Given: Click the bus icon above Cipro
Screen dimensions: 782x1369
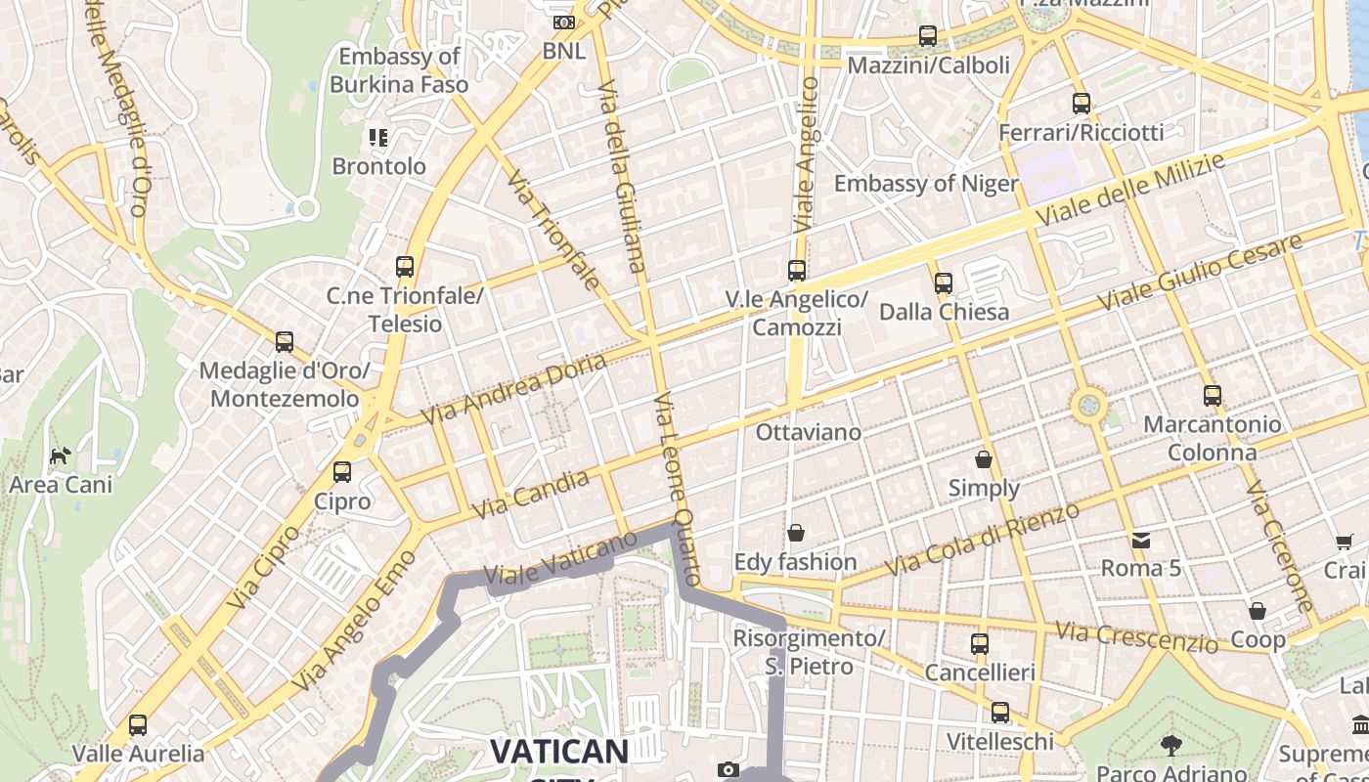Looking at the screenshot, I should pos(342,472).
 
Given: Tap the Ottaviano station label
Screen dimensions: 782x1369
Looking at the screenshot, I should pos(809,432).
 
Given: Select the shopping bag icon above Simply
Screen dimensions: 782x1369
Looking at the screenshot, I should pos(984,458).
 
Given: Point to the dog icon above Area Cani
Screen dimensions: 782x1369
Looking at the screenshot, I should pos(61,456).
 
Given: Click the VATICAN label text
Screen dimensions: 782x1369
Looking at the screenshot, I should pos(558,752).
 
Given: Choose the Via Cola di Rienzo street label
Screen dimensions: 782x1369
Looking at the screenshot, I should pos(982,540).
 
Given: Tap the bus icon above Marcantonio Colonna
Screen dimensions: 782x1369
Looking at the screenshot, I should pos(1213,396).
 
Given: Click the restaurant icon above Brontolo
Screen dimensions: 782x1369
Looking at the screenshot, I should pos(378,137).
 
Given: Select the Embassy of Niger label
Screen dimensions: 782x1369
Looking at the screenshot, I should pos(926,184).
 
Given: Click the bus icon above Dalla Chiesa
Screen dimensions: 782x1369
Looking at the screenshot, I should pos(944,283).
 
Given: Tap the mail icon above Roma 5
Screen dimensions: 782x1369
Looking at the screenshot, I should pos(1141,540).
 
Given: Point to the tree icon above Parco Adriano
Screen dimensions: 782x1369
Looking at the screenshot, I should pos(1170,746).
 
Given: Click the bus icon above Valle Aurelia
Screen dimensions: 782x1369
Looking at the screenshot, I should pos(138,725).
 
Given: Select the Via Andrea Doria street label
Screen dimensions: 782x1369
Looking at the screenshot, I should pos(514,388).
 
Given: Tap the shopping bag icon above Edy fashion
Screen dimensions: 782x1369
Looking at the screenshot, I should pos(796,533).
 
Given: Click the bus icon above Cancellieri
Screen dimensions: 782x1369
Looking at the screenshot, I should pos(980,644).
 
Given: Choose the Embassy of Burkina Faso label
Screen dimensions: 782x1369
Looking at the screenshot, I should pos(399,70).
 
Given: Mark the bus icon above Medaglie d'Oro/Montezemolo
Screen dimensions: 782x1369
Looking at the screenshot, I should pos(285,342).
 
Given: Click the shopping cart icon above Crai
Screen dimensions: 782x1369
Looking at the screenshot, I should pos(1346,542).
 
